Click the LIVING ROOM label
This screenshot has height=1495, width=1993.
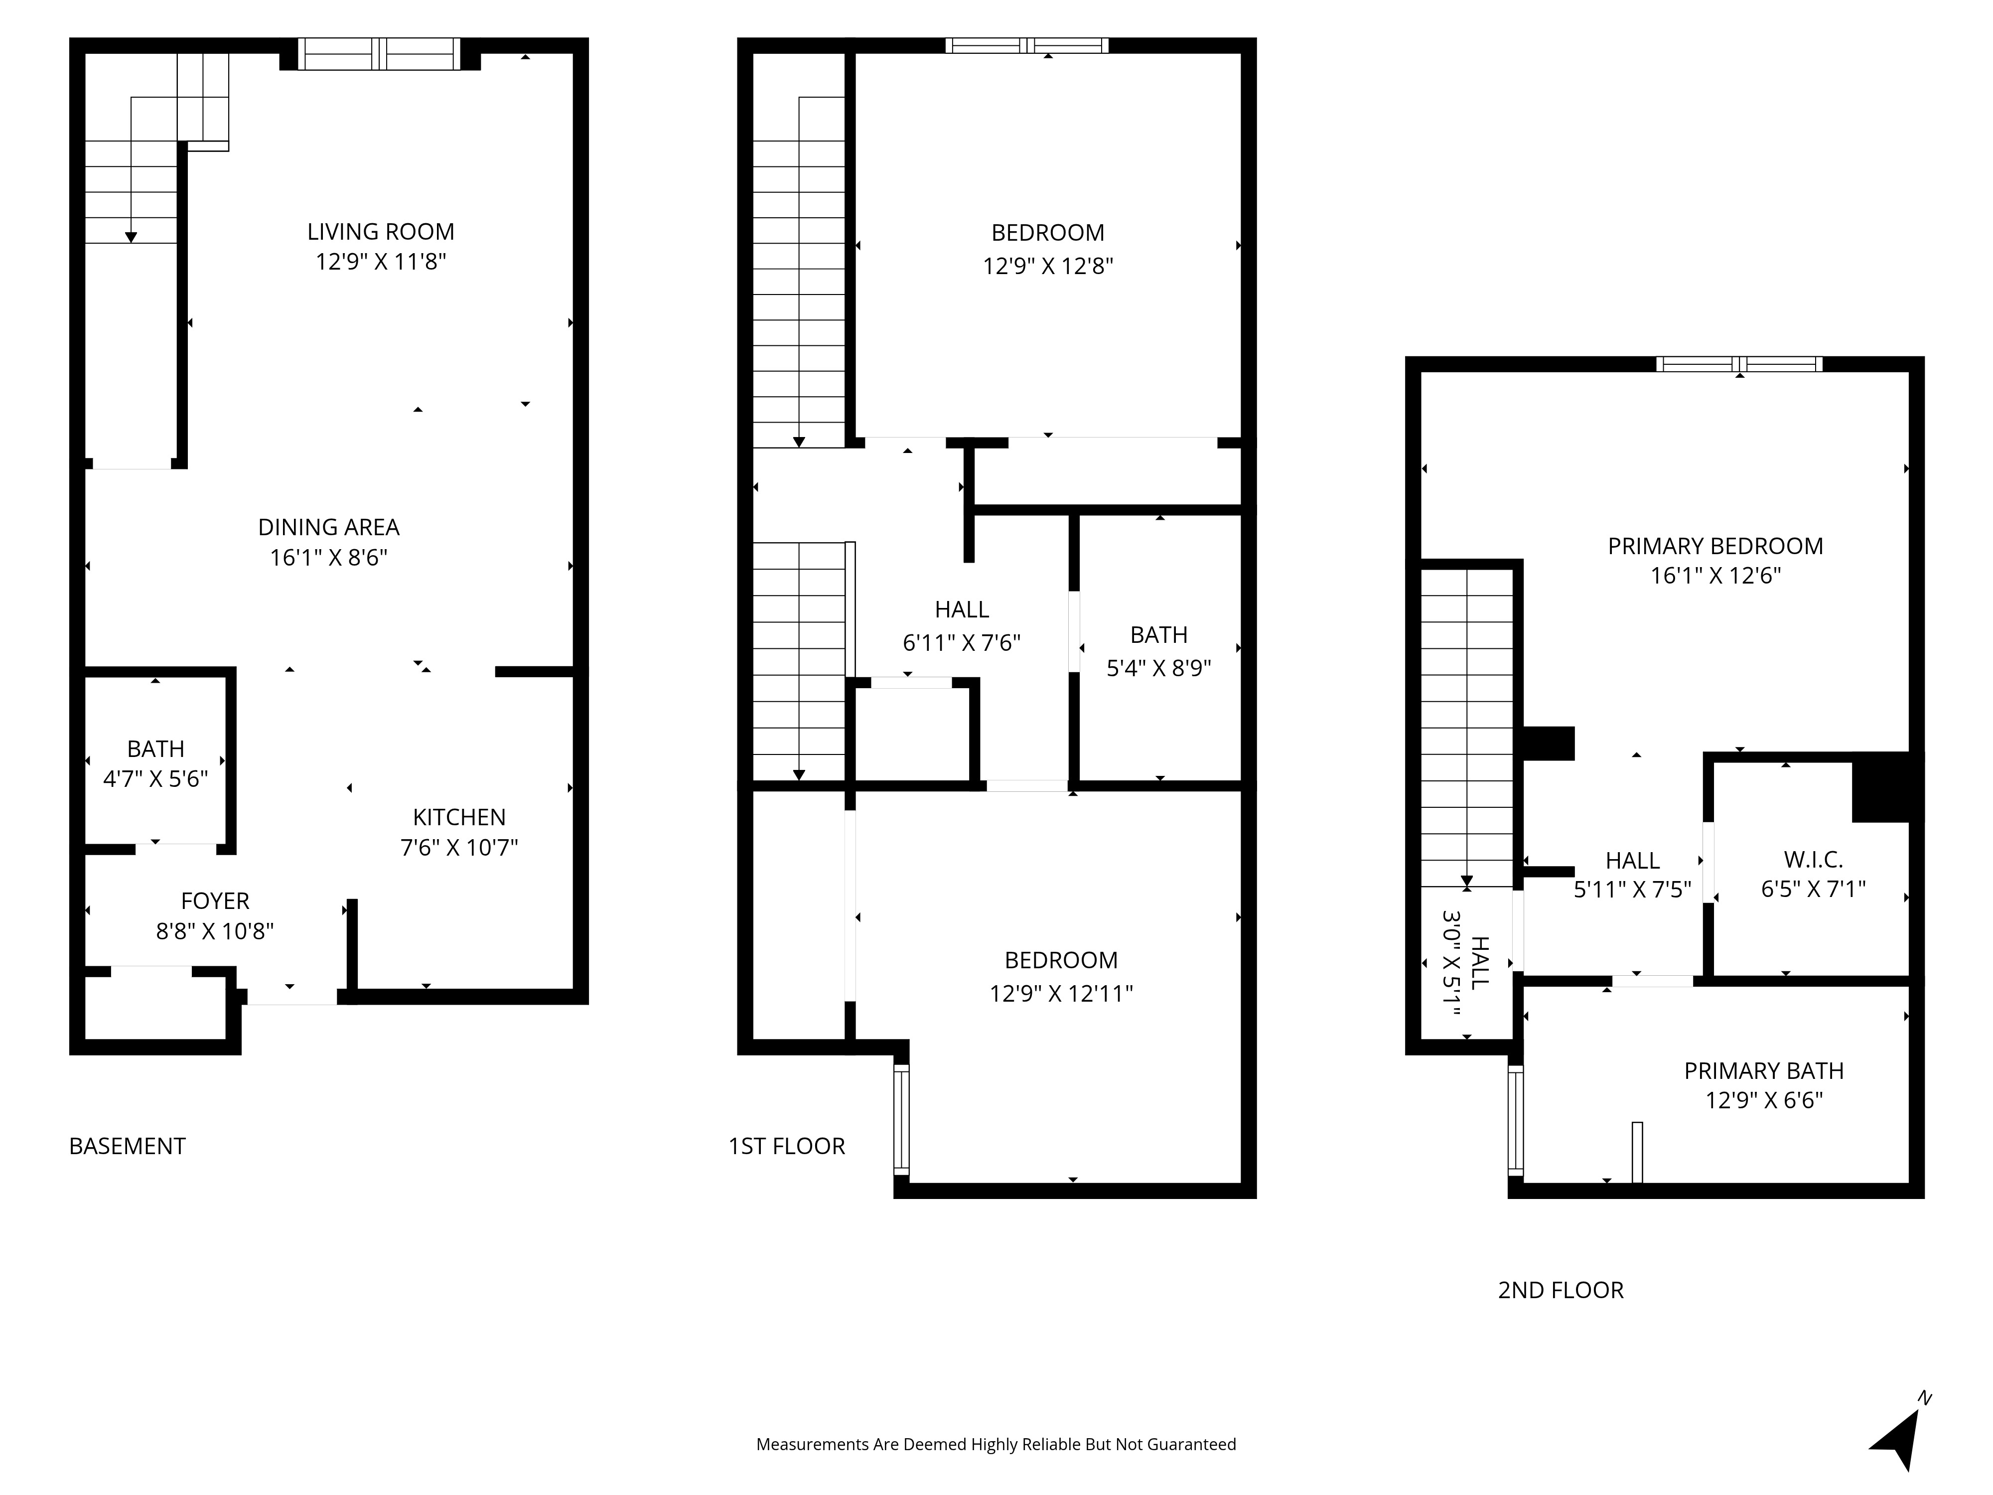[x=380, y=232]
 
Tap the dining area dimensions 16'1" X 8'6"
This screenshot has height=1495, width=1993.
[x=329, y=558]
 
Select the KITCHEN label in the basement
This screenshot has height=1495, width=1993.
[x=459, y=817]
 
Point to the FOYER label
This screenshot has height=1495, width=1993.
[x=215, y=901]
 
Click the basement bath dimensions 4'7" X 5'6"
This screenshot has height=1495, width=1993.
[x=156, y=778]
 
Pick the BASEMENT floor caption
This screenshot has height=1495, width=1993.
[x=127, y=1146]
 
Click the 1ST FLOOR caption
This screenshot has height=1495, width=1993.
[x=787, y=1146]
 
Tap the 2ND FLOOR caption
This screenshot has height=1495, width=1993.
[x=1561, y=1291]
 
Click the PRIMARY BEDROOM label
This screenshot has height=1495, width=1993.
[x=1715, y=546]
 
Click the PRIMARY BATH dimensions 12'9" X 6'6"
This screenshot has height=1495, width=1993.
[x=1764, y=1100]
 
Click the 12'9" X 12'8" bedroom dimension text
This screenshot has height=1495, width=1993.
[x=1048, y=266]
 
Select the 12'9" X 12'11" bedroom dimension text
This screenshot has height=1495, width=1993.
[x=1061, y=993]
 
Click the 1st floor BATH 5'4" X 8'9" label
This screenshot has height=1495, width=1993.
[x=1158, y=651]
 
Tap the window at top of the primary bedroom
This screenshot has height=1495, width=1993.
[x=1739, y=364]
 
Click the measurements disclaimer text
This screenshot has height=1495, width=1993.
[x=996, y=1445]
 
